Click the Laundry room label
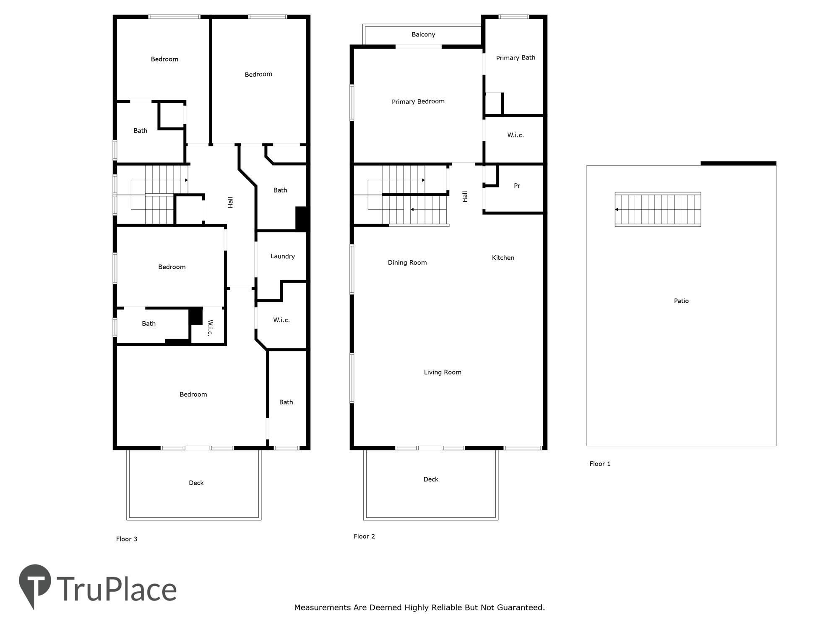click(283, 256)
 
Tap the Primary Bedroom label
click(418, 101)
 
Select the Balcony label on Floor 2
click(423, 34)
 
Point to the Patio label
click(681, 301)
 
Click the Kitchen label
click(503, 257)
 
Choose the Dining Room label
click(407, 263)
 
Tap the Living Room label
click(443, 372)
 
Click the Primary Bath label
click(516, 58)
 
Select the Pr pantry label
click(517, 186)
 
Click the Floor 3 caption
click(127, 539)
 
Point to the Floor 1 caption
click(600, 463)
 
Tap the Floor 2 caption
click(364, 536)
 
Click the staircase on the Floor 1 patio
click(658, 209)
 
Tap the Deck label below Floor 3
click(196, 483)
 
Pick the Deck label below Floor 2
click(431, 479)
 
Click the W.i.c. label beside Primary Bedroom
click(516, 135)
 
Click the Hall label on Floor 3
click(230, 203)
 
